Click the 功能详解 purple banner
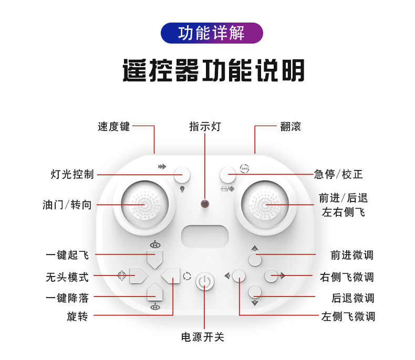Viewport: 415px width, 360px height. [x=211, y=33]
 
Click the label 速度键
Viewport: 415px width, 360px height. [x=113, y=126]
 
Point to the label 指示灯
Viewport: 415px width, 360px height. [x=205, y=126]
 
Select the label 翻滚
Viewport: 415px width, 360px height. [x=290, y=126]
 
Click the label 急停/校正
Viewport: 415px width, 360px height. [x=338, y=174]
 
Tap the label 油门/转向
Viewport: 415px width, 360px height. [x=67, y=205]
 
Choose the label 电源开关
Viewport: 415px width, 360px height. [x=203, y=336]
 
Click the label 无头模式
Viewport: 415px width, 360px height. [x=67, y=277]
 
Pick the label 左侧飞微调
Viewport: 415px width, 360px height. [x=348, y=316]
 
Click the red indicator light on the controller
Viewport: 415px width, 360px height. [x=204, y=203]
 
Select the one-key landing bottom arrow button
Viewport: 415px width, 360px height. [x=155, y=292]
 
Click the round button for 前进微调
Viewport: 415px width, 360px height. [x=255, y=259]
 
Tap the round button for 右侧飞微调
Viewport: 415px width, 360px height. [x=271, y=276]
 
